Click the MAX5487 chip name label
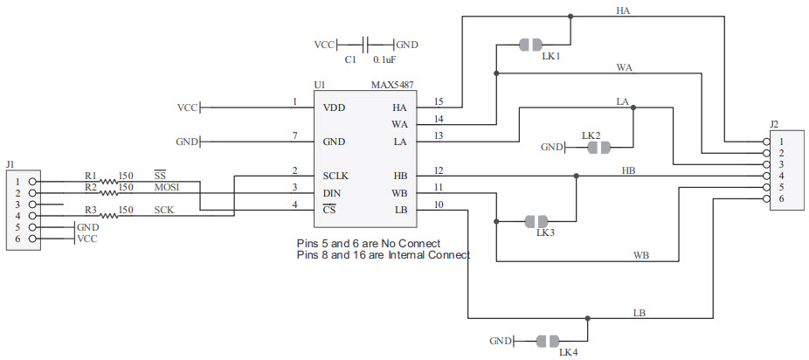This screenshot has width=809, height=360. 393,86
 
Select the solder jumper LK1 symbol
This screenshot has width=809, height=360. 530,44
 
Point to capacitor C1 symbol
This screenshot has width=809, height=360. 364,44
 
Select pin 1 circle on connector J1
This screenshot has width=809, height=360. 32,182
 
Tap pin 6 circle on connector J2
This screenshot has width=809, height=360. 766,199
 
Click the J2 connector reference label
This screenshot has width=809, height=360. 776,124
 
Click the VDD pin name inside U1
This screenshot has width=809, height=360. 334,108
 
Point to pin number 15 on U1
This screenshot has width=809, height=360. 439,102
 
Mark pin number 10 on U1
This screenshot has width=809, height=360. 439,204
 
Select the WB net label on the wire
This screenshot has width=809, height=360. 640,255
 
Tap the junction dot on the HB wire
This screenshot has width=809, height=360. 576,176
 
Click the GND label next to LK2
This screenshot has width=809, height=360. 552,148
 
